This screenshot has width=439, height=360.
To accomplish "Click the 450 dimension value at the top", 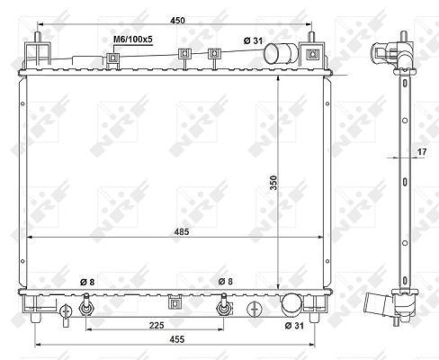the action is (x=177, y=21).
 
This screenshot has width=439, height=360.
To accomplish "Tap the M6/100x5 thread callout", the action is (x=133, y=40).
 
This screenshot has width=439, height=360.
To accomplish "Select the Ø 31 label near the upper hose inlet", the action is (x=253, y=40).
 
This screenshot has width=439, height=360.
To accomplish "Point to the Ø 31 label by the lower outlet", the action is (x=294, y=326).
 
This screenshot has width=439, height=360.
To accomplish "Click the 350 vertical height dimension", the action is (x=273, y=183).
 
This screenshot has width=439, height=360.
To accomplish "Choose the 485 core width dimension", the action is (x=182, y=231).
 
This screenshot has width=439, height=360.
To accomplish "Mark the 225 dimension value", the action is (x=157, y=325).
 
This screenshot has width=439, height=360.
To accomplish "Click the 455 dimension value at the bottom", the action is (x=177, y=339).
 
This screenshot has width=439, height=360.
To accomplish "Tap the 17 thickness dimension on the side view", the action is (x=422, y=152).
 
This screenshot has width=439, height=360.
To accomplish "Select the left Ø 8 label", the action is (x=87, y=282).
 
